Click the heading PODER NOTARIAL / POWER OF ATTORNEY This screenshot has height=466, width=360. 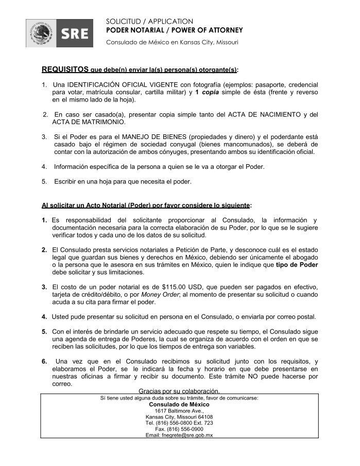coord(174,30)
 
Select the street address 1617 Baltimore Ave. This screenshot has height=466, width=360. coord(179,411)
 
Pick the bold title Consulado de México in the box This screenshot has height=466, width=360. coord(179,404)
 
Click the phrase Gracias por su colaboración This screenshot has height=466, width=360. coord(179,390)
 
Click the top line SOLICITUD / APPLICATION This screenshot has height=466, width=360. coord(149,21)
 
